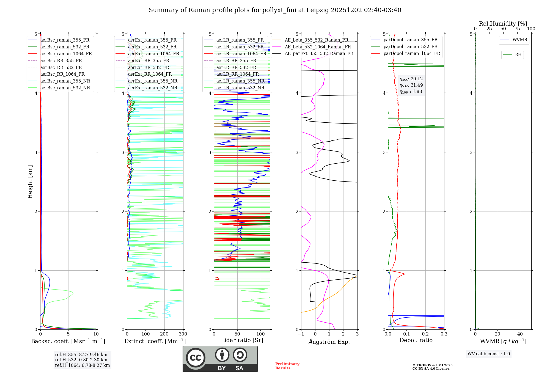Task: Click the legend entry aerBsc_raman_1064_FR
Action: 66,54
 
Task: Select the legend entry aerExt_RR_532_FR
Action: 148,67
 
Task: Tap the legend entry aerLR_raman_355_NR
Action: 240,81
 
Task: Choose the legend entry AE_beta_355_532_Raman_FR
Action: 316,40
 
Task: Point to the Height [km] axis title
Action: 30,182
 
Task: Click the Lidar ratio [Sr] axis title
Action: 242,340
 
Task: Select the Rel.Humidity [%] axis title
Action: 503,24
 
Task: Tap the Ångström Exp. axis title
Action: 329,342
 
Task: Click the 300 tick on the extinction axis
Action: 183,334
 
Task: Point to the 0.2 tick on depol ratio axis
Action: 425,334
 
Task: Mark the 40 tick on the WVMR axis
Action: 520,334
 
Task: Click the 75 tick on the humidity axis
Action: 517,29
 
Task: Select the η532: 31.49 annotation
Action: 411,85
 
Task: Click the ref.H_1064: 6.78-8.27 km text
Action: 82,365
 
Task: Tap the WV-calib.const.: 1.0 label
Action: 489,354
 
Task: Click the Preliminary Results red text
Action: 287,366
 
